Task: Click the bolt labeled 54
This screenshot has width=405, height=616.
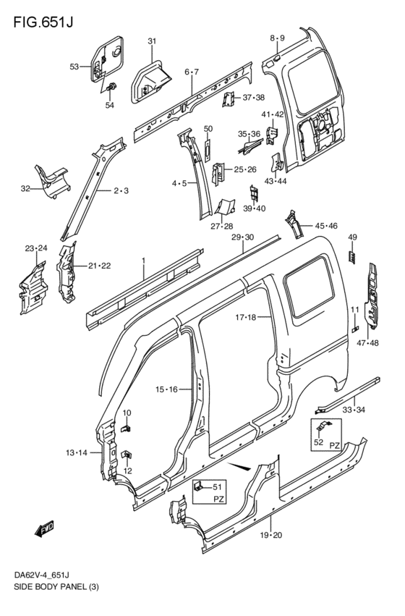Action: (111, 88)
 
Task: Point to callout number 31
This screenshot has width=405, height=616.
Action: (152, 41)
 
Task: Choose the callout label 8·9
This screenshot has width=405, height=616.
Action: (278, 38)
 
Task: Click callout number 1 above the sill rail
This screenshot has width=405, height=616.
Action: (143, 260)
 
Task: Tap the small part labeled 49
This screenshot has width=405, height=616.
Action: (353, 256)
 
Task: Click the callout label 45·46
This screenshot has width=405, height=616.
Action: (326, 227)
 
